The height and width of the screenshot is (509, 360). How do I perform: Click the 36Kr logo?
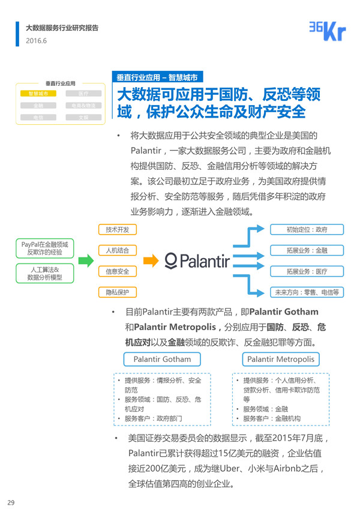point(327,31)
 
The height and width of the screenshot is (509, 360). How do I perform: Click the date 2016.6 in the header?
point(36,41)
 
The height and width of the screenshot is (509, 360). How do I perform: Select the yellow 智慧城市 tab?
point(38,94)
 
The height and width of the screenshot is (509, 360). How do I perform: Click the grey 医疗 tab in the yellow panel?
point(83,94)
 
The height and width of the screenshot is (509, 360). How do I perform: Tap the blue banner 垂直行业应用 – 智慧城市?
point(157,77)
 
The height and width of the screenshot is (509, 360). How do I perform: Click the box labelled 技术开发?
point(118,229)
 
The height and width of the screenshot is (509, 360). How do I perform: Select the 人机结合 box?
point(118,250)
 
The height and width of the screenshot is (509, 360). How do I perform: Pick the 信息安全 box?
point(118,271)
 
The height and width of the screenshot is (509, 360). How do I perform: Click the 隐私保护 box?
point(118,292)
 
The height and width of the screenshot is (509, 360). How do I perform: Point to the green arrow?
point(86,261)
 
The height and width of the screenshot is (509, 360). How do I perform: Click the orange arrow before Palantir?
point(152,261)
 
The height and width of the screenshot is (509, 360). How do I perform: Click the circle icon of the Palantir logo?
point(171,260)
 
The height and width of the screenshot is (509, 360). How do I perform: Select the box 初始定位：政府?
point(307,229)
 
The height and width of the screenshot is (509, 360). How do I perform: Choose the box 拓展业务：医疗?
point(307,271)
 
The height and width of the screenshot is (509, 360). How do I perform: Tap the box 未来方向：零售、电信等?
point(307,292)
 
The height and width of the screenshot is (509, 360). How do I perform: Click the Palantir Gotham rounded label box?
point(162,360)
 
